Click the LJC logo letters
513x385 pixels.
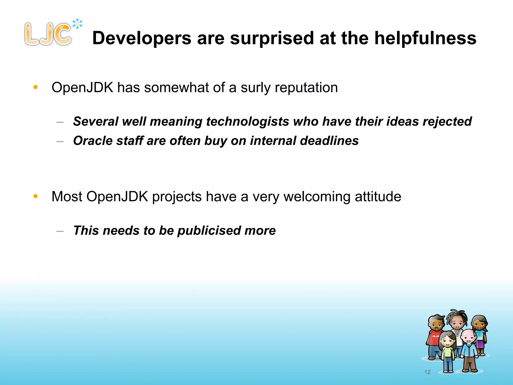pyautogui.click(x=48, y=35)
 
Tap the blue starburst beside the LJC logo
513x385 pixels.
pyautogui.click(x=77, y=24)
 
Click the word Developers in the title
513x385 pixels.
pyautogui.click(x=142, y=38)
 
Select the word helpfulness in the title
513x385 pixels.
pyautogui.click(x=425, y=38)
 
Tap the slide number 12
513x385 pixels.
pyautogui.click(x=427, y=372)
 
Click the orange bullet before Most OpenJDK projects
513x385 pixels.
pyautogui.click(x=36, y=196)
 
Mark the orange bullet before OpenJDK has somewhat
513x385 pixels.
pyautogui.click(x=36, y=87)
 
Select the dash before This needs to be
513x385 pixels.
pyautogui.click(x=60, y=231)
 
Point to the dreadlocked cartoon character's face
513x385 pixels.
pyautogui.click(x=458, y=322)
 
